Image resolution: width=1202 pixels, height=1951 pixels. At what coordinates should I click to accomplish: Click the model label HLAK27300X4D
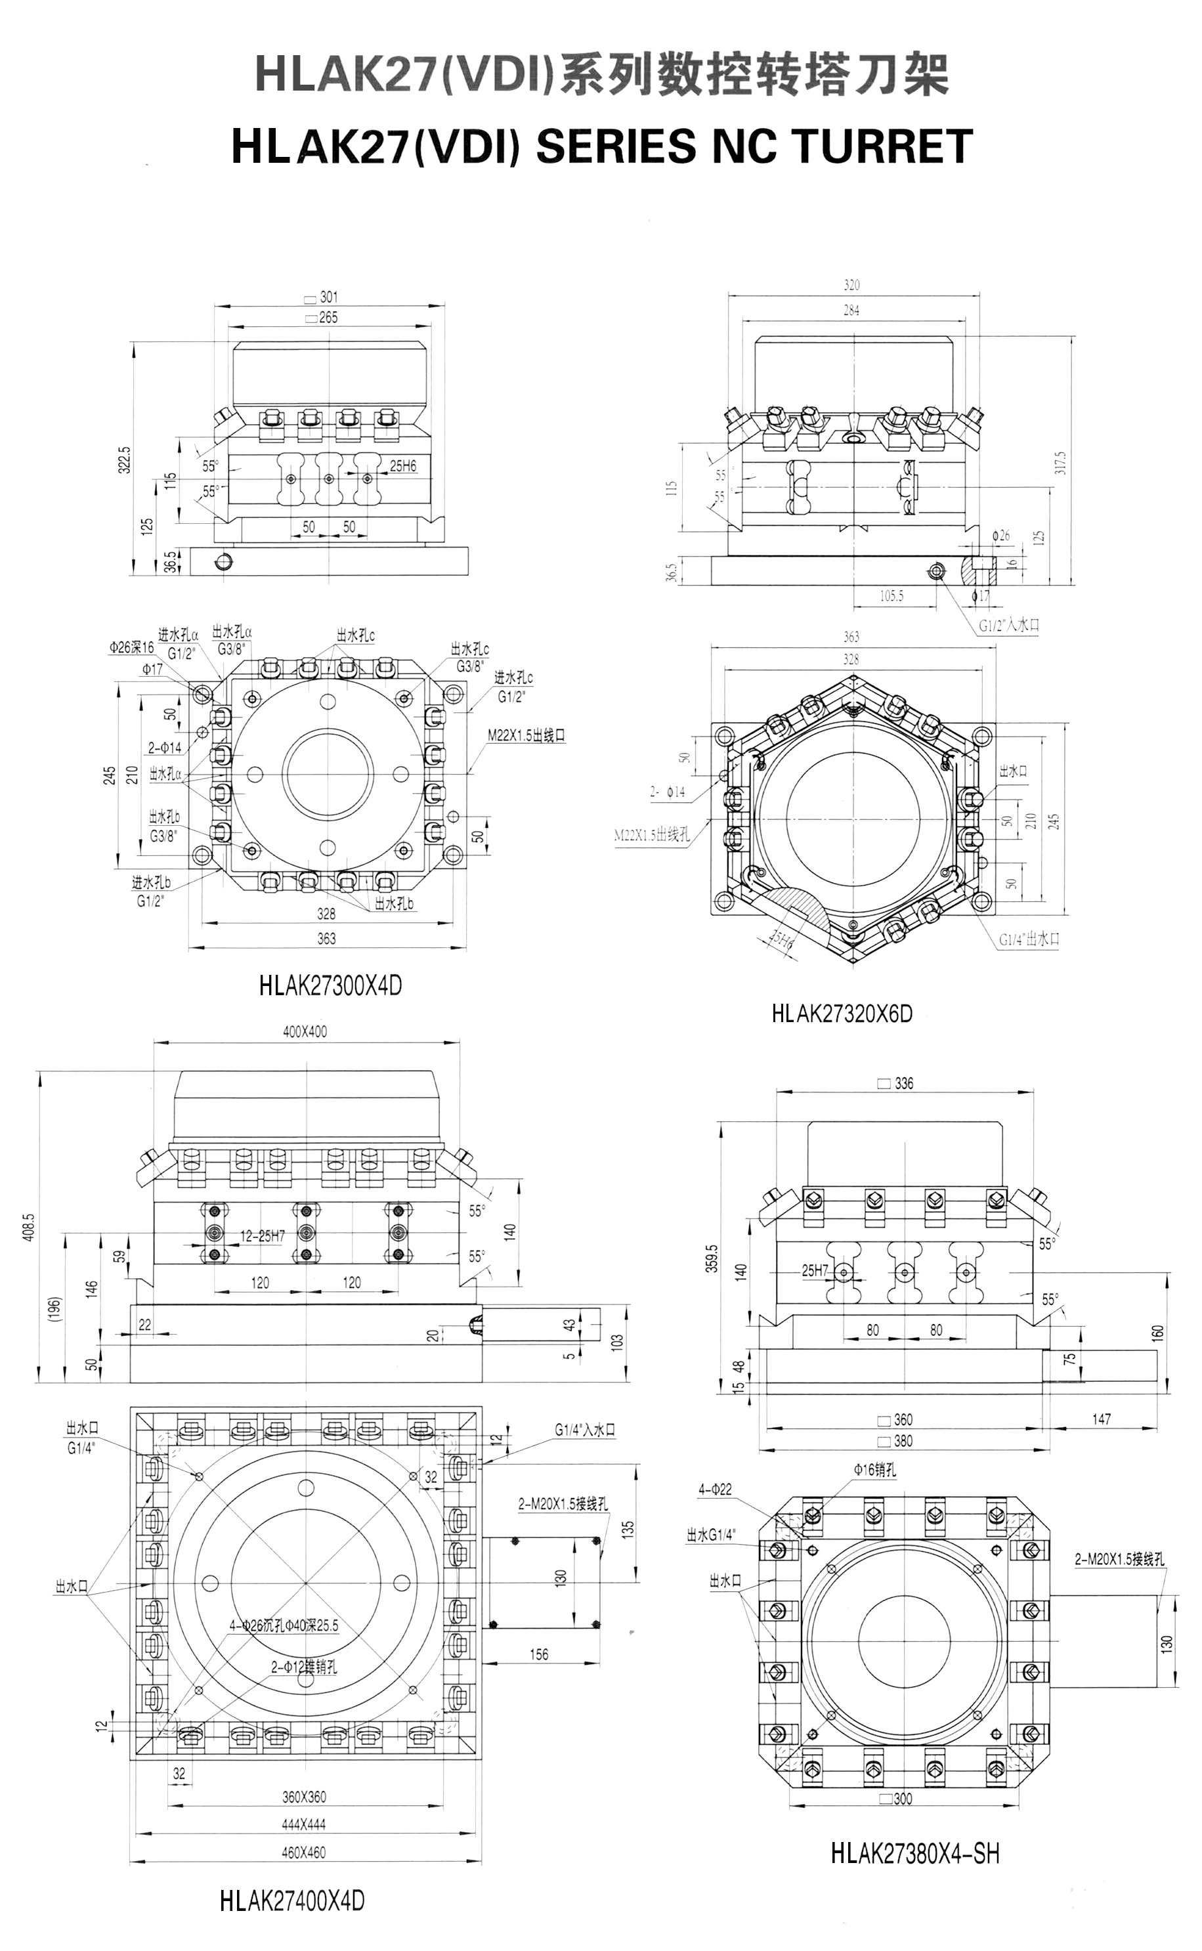pos(330,986)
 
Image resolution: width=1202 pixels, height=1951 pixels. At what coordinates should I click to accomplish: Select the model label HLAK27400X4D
pos(291,1901)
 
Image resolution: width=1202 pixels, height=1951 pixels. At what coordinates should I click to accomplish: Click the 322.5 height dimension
pos(124,460)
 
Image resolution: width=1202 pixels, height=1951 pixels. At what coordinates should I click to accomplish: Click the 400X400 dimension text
pos(305,1031)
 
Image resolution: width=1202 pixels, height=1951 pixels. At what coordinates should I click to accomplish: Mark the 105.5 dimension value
pos(891,596)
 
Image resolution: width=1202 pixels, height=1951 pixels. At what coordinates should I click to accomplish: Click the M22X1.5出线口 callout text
pos(526,736)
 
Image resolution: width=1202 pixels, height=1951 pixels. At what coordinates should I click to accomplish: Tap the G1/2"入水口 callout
pos(1009,626)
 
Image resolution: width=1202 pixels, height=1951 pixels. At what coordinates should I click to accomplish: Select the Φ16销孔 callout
pos(874,1470)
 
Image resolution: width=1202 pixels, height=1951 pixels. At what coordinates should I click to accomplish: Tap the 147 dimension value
pos(1101,1419)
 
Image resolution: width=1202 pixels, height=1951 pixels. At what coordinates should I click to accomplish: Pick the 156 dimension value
pos(538,1654)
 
